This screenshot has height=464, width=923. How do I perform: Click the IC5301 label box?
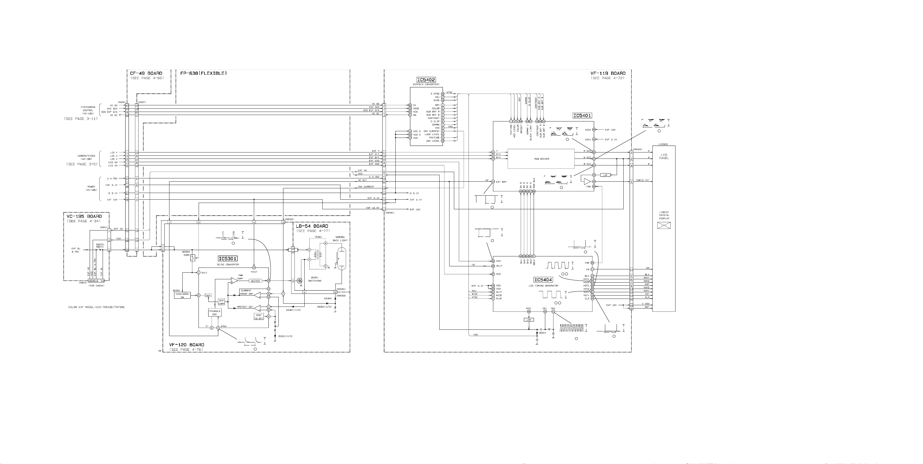tap(228, 259)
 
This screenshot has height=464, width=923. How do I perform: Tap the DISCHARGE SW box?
tap(182, 295)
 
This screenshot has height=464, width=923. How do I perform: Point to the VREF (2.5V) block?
tap(259, 317)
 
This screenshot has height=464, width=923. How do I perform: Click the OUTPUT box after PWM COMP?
tap(255, 281)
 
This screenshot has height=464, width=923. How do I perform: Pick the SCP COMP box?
tap(221, 302)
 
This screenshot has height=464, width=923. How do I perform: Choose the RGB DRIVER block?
tap(541, 159)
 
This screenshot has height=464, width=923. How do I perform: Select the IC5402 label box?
tap(426, 80)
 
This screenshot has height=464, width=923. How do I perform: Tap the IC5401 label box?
tap(582, 116)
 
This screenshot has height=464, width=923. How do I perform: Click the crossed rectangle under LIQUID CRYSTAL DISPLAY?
tap(664, 225)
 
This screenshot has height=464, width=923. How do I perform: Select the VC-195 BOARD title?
tap(84, 216)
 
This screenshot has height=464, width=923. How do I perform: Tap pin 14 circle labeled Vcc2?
tap(254, 268)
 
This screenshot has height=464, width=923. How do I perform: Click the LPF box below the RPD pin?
tap(528, 320)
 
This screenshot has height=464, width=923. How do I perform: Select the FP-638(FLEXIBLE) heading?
tap(203, 73)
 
